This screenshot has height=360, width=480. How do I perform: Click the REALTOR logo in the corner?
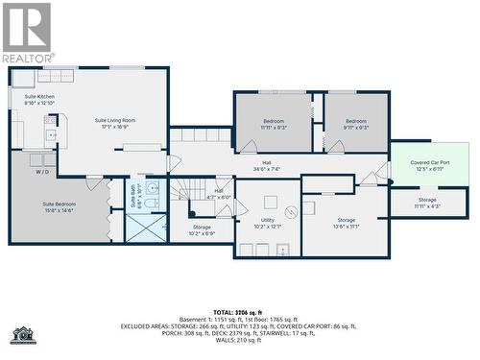[28, 33]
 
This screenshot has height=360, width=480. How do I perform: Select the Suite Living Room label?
[115, 123]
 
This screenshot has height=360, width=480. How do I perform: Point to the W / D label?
[43, 173]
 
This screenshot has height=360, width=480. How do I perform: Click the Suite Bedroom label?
[59, 207]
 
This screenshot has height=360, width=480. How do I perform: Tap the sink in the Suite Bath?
[153, 188]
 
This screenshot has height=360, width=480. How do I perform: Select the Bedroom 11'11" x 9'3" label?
[274, 124]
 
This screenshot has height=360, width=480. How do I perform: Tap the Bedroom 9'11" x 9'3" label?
[356, 124]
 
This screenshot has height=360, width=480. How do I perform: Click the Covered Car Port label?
[428, 166]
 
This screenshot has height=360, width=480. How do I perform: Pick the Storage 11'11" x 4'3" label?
[427, 203]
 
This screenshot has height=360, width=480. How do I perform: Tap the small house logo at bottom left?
[22, 335]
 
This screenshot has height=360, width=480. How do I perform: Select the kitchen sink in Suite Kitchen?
[48, 121]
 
